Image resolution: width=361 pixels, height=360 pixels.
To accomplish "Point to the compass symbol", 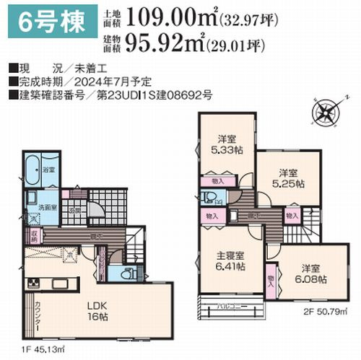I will (x=325, y=114).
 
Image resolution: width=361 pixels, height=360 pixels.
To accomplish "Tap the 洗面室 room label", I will (x=48, y=206).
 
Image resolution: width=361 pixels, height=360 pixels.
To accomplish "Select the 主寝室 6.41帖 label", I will (x=229, y=260).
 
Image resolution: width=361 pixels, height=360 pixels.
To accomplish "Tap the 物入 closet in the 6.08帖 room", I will (x=271, y=278).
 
